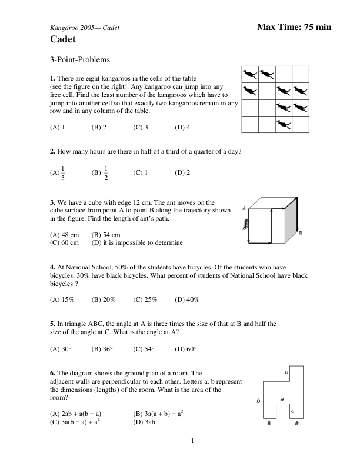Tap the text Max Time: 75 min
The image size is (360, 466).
(294, 27)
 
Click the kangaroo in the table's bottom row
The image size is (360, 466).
(284, 124)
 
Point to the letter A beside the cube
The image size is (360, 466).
(244, 208)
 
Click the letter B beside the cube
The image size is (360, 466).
(301, 234)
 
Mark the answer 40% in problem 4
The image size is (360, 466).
(187, 299)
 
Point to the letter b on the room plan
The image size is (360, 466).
(258, 401)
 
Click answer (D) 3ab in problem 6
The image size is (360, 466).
(144, 422)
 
